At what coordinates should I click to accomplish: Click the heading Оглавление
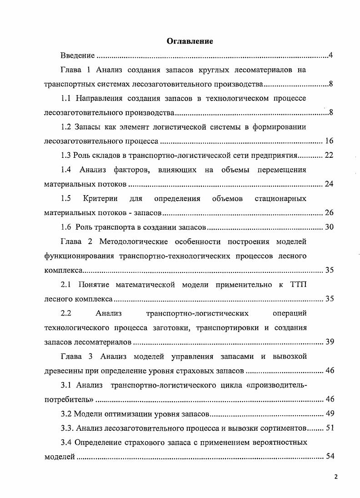pos(190,41)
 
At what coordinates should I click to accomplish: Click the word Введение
pos(77,55)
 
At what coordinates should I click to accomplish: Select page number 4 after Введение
pos(331,55)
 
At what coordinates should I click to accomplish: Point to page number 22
pos(329,155)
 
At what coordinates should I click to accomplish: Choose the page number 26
pos(329,213)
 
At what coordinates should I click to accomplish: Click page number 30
pos(329,227)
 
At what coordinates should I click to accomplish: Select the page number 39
pos(329,342)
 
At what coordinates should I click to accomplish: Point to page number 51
pos(329,428)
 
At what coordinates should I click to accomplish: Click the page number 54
pos(329,457)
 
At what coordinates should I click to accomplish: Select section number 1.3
pos(66,155)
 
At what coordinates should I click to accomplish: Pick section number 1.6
pos(66,227)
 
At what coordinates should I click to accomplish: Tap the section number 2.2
pos(66,313)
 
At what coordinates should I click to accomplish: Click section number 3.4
pos(66,442)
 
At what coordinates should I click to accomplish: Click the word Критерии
pos(100,198)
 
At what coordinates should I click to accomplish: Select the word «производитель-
pos(270,385)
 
